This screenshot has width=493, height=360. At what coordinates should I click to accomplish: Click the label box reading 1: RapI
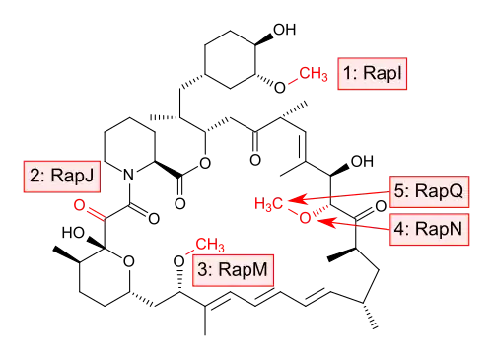[373, 74]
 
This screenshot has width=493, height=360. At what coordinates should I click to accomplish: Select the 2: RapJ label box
[62, 177]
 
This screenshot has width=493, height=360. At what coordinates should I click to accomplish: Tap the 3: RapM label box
[233, 270]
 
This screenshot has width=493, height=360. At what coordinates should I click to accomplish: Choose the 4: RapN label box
[429, 229]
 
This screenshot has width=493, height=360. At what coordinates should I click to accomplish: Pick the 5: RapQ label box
[429, 191]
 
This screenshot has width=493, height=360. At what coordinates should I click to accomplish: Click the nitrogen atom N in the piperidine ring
[129, 175]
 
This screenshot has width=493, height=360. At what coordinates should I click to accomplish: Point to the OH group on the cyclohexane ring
[285, 30]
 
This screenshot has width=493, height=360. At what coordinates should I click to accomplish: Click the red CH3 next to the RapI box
[313, 74]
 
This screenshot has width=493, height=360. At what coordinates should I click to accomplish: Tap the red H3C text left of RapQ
[269, 204]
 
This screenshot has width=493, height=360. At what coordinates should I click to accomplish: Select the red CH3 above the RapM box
[210, 245]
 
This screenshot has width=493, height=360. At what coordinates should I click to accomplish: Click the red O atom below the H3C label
[305, 217]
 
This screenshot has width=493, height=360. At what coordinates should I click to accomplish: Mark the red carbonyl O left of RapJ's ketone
[79, 205]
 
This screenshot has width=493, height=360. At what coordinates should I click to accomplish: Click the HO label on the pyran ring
[73, 233]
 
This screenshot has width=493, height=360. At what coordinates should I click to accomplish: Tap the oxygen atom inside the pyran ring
[129, 261]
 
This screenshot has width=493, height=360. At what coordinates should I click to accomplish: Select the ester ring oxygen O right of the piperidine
[205, 163]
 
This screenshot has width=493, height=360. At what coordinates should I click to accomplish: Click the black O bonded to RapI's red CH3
[280, 88]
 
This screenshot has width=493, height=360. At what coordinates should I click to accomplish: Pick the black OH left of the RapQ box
[362, 162]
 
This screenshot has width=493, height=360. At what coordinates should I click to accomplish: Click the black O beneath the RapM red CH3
[179, 262]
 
